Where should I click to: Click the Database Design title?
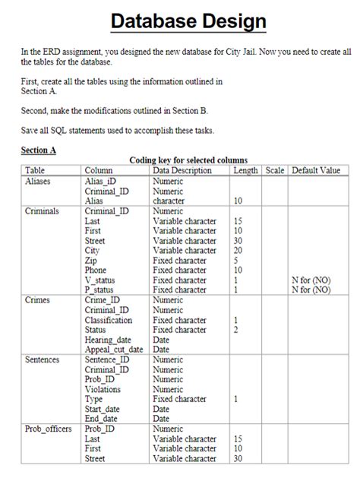[189, 21]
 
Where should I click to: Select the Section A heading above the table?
[39, 150]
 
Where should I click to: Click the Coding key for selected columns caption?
[188, 160]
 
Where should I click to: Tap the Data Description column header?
[182, 171]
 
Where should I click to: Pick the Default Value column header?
[316, 171]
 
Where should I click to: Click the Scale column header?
[274, 171]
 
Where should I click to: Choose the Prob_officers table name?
[49, 429]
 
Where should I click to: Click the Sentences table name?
[43, 359]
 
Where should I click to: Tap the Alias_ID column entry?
[102, 182]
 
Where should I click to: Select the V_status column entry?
[103, 280]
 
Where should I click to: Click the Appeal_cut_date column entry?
[114, 350]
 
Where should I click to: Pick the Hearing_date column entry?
[108, 340]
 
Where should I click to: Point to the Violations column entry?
[103, 389]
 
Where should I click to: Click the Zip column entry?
[91, 261]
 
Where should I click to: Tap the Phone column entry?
[96, 271]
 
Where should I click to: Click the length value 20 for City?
[238, 251]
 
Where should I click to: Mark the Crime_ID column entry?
[103, 300]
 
